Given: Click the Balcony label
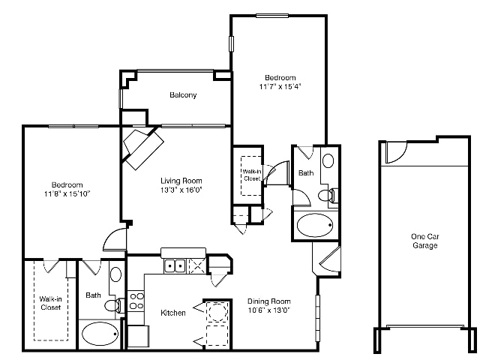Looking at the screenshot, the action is click(x=183, y=95).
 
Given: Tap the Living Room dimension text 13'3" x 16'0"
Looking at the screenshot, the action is click(x=181, y=190).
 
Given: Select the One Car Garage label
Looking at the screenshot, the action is click(x=425, y=241).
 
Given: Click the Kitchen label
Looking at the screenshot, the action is click(x=173, y=313).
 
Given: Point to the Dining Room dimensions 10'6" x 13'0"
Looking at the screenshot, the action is click(x=268, y=310).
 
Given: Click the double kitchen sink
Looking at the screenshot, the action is click(x=175, y=265).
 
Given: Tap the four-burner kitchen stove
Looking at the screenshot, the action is click(x=136, y=301).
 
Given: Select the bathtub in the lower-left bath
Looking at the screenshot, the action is click(x=100, y=334).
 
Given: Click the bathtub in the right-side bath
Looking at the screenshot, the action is click(x=315, y=225).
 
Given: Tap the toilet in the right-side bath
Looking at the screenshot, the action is click(x=328, y=195).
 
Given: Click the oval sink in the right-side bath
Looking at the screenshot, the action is click(x=328, y=160).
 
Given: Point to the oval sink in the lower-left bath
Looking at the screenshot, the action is click(x=115, y=274).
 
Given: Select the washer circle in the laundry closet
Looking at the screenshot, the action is click(x=217, y=312).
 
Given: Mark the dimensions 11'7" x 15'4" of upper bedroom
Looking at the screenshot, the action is click(x=280, y=87).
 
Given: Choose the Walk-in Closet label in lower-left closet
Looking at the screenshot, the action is click(x=50, y=303).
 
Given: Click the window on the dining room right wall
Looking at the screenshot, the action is click(x=317, y=318).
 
